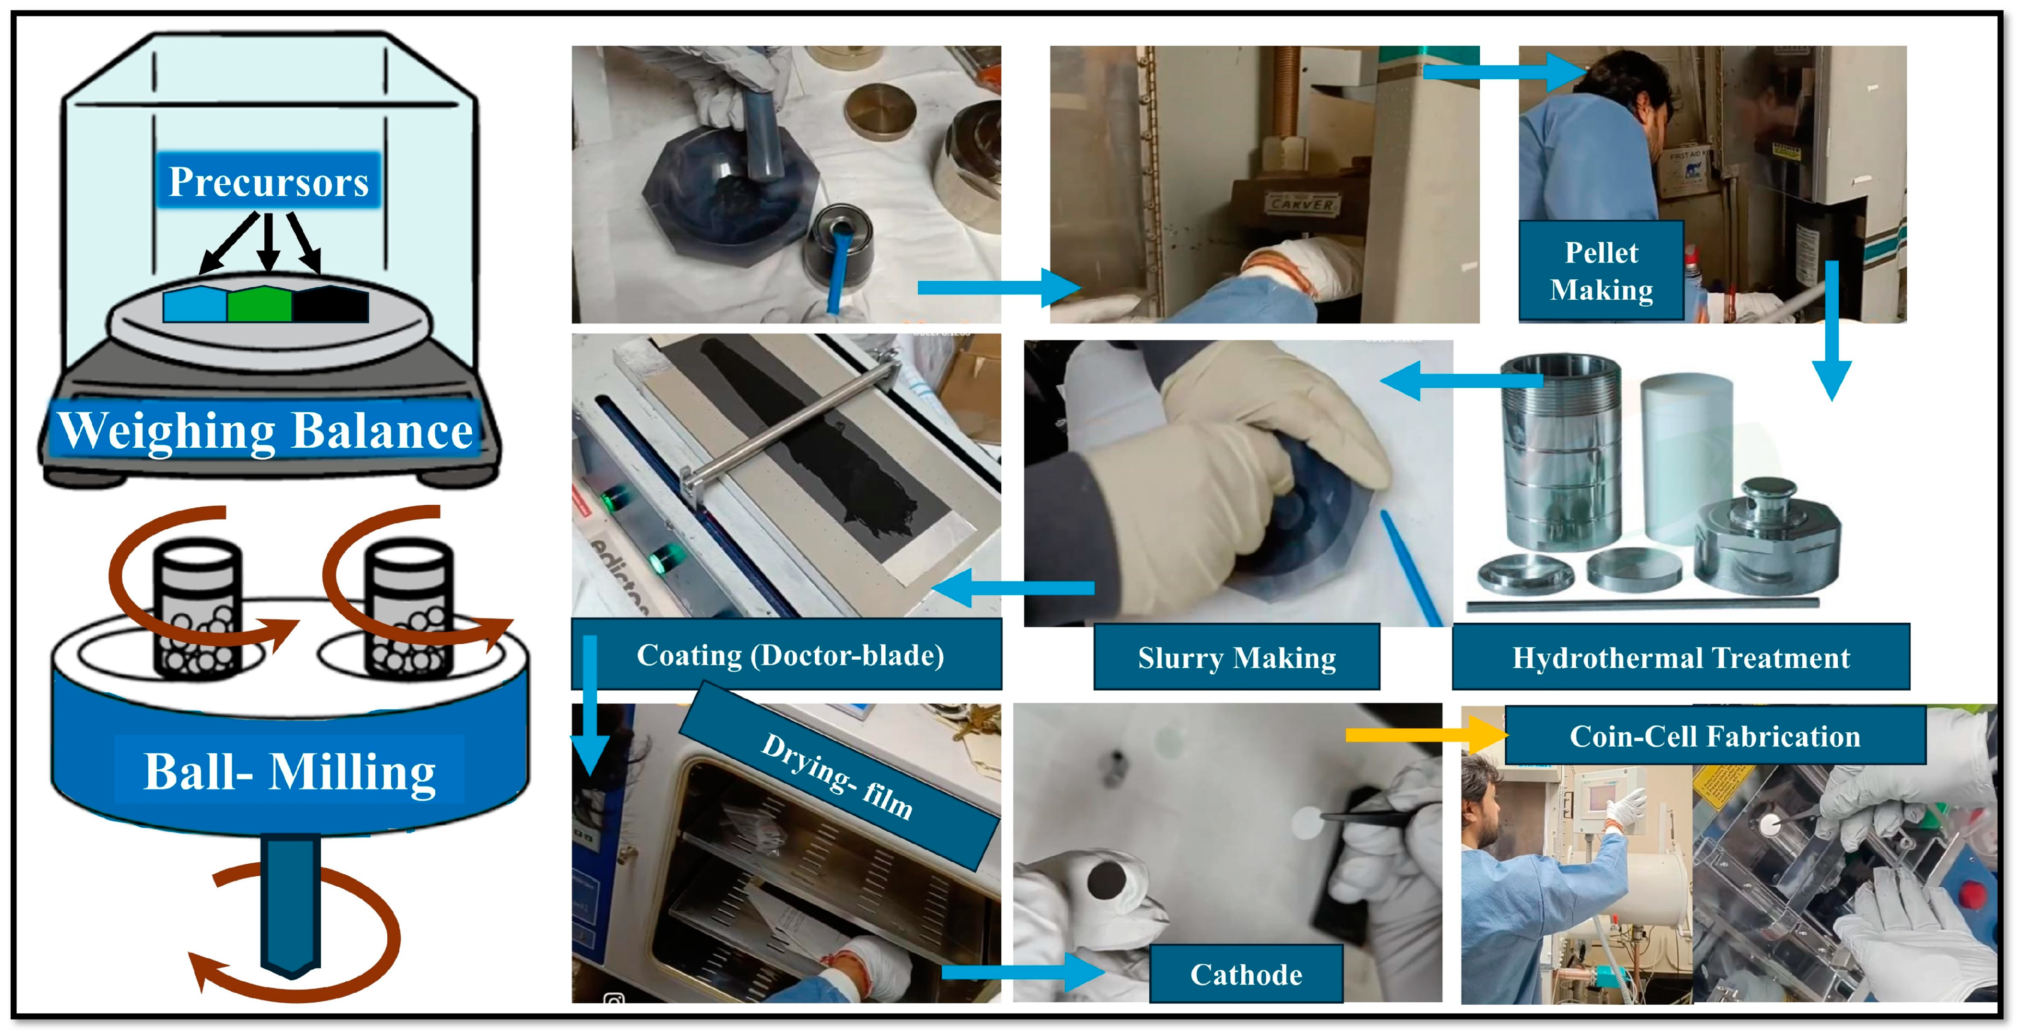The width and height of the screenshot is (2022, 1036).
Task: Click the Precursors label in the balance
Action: [268, 181]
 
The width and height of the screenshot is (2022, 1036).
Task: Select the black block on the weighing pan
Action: [330, 305]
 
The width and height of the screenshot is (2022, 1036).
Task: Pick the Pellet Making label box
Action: [1601, 271]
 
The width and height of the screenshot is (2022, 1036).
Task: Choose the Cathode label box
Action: [1246, 974]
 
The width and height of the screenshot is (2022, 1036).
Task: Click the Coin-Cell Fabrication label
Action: [1715, 736]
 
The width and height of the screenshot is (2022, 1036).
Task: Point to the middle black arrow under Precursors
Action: [268, 242]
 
